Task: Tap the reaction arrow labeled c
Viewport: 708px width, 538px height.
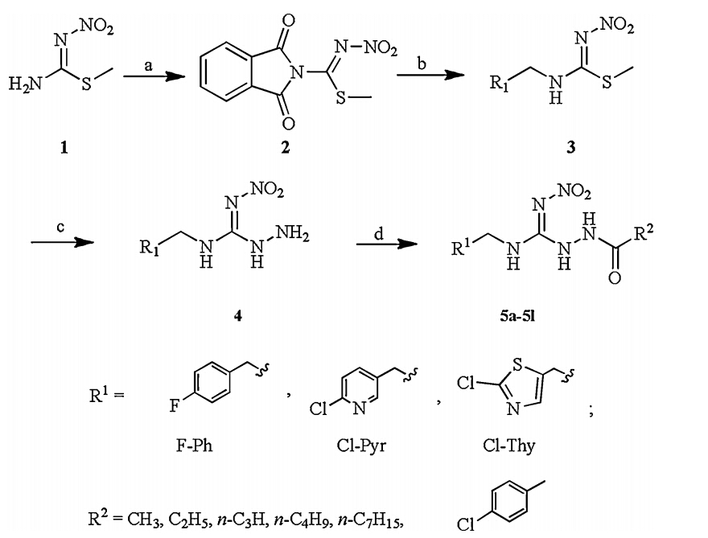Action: pos(60,241)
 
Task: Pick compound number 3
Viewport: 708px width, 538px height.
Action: pos(570,150)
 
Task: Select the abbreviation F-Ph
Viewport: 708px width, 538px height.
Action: pos(196,445)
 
